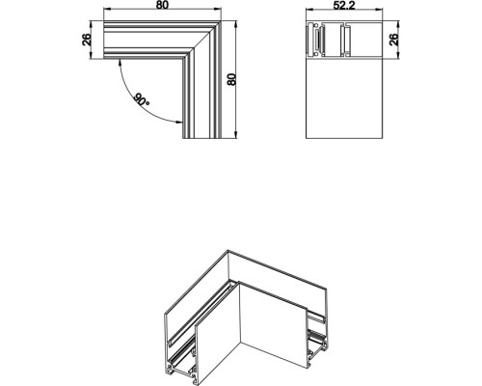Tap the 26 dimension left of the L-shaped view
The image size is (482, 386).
pos(86,41)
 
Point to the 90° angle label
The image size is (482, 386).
pos(141,99)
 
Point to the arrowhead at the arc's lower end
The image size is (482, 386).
pos(179,122)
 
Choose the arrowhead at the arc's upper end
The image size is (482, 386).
pos(120,64)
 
